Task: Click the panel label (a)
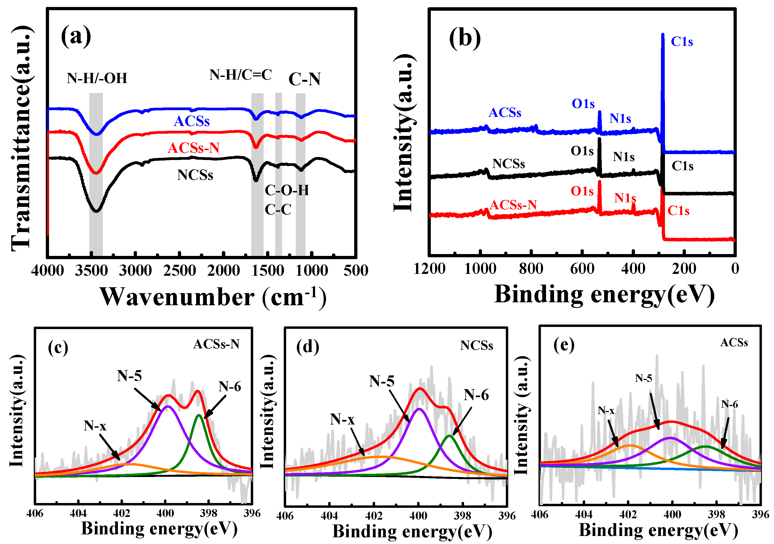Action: pyautogui.click(x=76, y=36)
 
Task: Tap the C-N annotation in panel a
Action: pyautogui.click(x=304, y=79)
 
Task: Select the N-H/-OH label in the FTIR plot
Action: pyautogui.click(x=97, y=78)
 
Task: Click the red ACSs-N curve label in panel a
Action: pyautogui.click(x=193, y=148)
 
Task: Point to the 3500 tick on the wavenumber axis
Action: pyautogui.click(x=91, y=270)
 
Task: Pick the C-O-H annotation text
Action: pyautogui.click(x=287, y=190)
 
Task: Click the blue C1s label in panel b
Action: pyautogui.click(x=682, y=42)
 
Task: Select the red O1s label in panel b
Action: pyautogui.click(x=582, y=191)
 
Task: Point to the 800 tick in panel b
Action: pyautogui.click(x=531, y=269)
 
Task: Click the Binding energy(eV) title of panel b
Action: pyautogui.click(x=604, y=294)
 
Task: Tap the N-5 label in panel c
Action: pyautogui.click(x=129, y=375)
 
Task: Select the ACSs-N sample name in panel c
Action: pyautogui.click(x=216, y=344)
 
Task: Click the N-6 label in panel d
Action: pyautogui.click(x=476, y=394)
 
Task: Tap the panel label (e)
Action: pyautogui.click(x=564, y=345)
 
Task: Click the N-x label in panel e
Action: pyautogui.click(x=606, y=411)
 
